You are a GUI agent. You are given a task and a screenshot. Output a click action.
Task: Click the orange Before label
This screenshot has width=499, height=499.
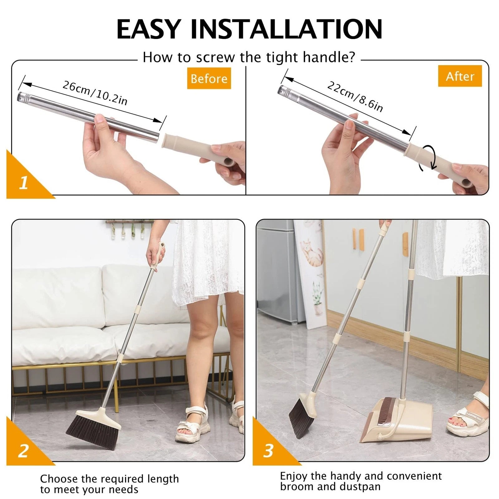[209, 79]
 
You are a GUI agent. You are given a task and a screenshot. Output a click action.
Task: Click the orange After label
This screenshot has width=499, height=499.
[460, 76]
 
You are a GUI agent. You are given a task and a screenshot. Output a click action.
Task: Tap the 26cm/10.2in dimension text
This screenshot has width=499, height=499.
[95, 93]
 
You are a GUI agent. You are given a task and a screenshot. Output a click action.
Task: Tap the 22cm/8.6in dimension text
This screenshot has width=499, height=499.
[355, 96]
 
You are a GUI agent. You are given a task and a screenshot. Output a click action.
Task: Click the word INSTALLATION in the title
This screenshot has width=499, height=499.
[286, 29]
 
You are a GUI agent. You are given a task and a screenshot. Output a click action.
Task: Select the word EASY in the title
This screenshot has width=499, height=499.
[149, 29]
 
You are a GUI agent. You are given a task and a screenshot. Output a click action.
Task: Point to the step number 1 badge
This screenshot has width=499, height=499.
[23, 183]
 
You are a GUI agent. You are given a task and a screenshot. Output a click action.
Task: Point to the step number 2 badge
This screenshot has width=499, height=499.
[23, 451]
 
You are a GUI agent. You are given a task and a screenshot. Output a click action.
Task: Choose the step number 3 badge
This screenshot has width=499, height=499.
[269, 451]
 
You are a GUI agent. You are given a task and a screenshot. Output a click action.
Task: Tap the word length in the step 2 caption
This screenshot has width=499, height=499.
[163, 479]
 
